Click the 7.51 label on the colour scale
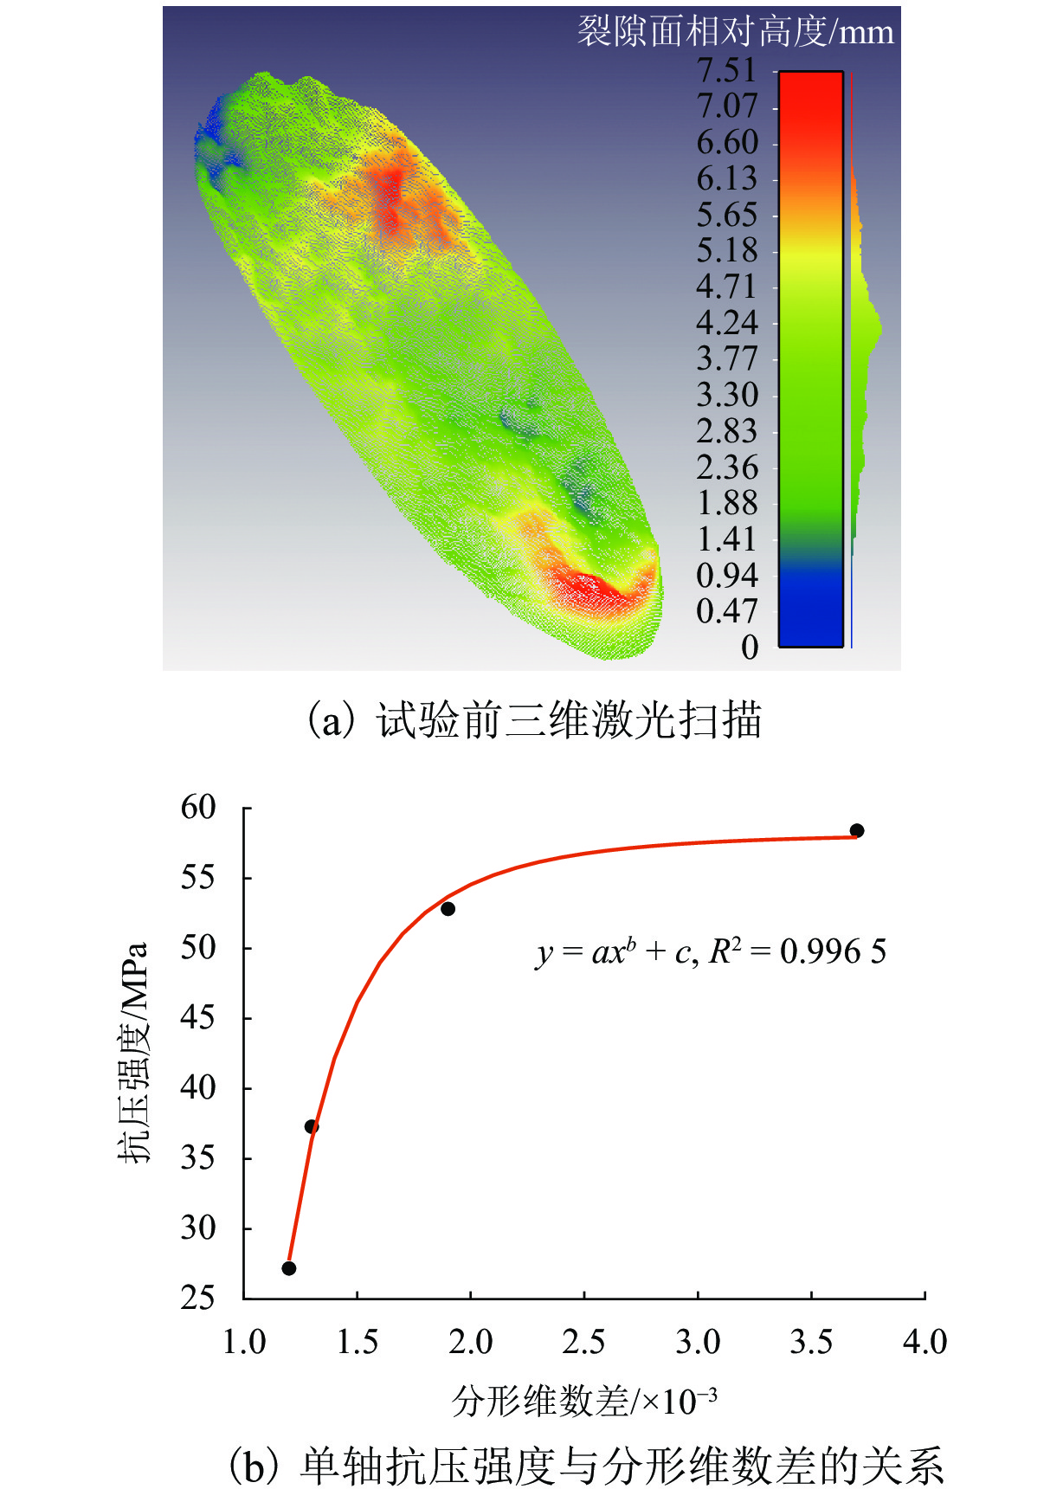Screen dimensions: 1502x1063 click(x=726, y=70)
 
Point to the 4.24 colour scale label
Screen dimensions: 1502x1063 click(x=726, y=323)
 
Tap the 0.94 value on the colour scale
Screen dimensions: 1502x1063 click(x=726, y=576)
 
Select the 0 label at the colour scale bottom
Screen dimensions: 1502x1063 click(x=750, y=648)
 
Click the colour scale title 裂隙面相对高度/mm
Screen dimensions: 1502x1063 click(x=735, y=32)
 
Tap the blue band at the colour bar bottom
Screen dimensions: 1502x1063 click(x=810, y=606)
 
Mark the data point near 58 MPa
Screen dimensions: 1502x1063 click(x=857, y=831)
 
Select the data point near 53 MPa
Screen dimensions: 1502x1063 click(x=448, y=909)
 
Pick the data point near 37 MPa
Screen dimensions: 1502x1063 click(x=312, y=1126)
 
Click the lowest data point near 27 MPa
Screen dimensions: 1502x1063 click(x=289, y=1268)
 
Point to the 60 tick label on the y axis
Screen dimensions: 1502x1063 click(x=198, y=808)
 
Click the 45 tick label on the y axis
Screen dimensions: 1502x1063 click(x=198, y=1018)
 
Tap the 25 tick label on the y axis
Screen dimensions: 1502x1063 click(x=198, y=1298)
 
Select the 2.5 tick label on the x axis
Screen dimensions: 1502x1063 click(x=583, y=1343)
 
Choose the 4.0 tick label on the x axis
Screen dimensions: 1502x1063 click(x=924, y=1343)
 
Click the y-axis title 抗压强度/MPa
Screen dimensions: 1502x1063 click(x=134, y=1052)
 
